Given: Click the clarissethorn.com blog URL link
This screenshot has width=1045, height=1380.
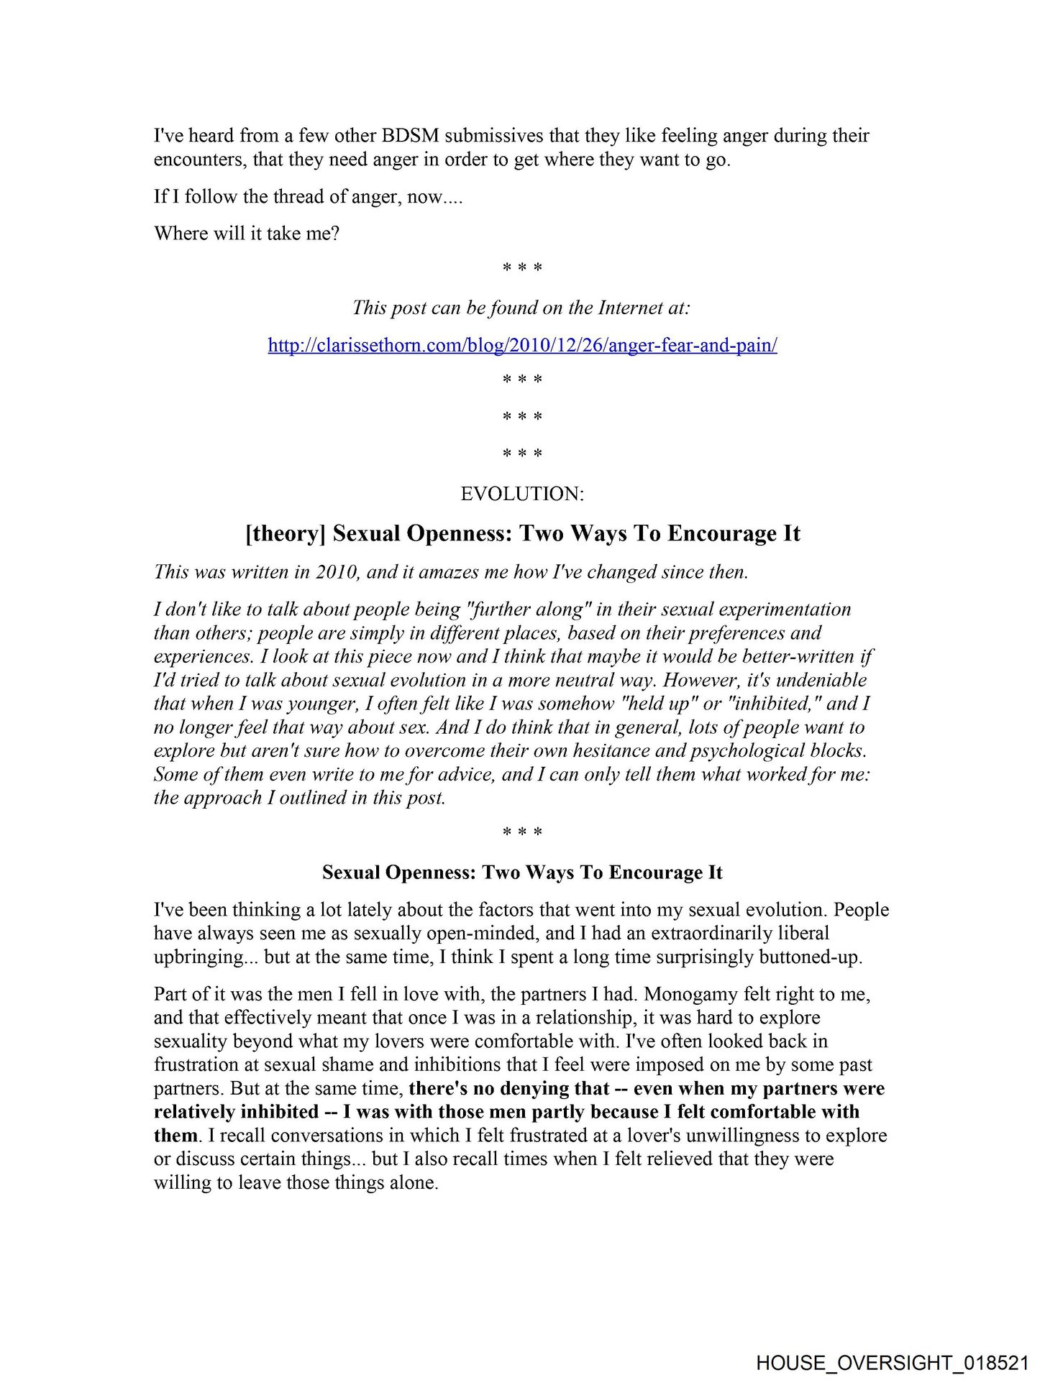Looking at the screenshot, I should (522, 346).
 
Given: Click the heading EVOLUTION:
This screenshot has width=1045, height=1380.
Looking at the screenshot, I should (522, 494).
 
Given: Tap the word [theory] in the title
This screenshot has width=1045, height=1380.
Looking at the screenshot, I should (286, 534).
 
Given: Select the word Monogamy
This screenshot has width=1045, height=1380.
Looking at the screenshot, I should (689, 995).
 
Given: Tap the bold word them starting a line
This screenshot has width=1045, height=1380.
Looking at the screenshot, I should (175, 1136).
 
